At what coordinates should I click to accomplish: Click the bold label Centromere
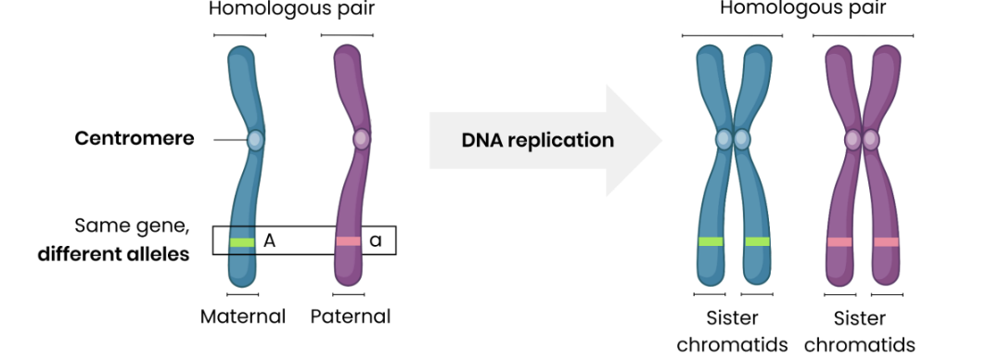tap(135, 139)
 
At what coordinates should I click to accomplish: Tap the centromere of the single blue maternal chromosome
tap(255, 140)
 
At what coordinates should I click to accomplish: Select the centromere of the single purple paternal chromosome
tap(361, 140)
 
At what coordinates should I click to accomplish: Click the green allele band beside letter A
tap(242, 242)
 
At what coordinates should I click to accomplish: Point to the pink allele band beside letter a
tap(348, 241)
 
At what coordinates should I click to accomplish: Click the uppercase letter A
tap(270, 241)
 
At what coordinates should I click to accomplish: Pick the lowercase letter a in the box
tap(376, 241)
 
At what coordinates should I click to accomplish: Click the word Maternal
tap(243, 316)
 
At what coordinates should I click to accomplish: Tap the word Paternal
tap(351, 316)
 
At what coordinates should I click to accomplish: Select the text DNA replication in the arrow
tap(538, 141)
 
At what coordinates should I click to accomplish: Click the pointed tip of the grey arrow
tap(660, 141)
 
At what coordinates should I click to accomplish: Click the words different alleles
tap(114, 253)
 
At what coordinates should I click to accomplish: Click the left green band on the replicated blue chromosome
tap(711, 242)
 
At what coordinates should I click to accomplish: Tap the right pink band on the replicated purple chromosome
tap(886, 242)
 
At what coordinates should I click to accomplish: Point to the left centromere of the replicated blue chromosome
tap(724, 140)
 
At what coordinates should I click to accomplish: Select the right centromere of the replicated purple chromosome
tap(871, 140)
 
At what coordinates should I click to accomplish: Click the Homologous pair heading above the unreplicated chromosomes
tap(292, 10)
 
